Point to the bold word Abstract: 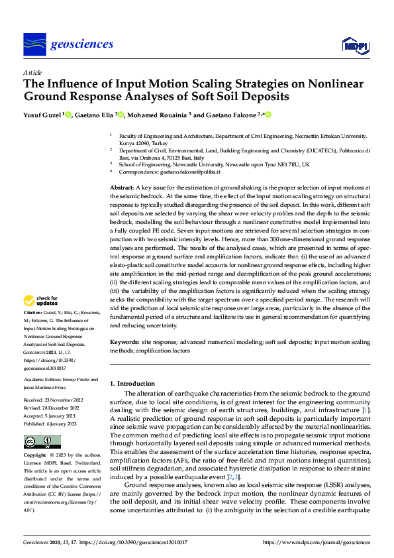click(123, 189)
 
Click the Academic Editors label click(44, 379)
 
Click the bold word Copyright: click(35, 456)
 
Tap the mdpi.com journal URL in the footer click(317, 541)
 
